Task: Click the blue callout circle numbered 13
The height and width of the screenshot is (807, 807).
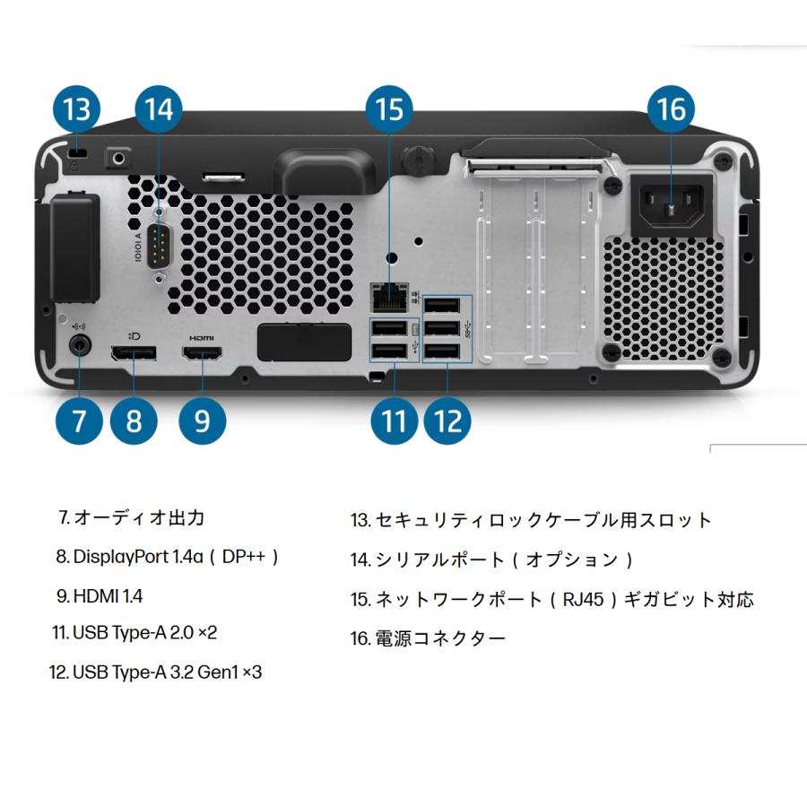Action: [x=76, y=109]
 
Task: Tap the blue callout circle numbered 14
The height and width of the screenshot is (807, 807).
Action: [x=159, y=109]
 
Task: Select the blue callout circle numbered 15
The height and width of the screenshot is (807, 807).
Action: [x=390, y=109]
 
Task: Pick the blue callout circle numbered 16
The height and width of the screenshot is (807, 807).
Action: [x=671, y=109]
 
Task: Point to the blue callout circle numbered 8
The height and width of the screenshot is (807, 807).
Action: [x=134, y=420]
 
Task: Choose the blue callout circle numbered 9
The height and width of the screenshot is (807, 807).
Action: [x=202, y=420]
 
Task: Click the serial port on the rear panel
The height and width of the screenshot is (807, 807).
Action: [x=159, y=247]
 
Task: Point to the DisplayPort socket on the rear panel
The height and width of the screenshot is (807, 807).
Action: [x=134, y=356]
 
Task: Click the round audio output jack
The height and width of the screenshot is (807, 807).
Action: [x=80, y=342]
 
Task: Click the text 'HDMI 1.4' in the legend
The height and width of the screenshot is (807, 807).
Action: [x=108, y=595]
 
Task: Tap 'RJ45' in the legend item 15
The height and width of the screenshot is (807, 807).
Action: [x=584, y=599]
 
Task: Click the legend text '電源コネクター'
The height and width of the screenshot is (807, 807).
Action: [x=439, y=638]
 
